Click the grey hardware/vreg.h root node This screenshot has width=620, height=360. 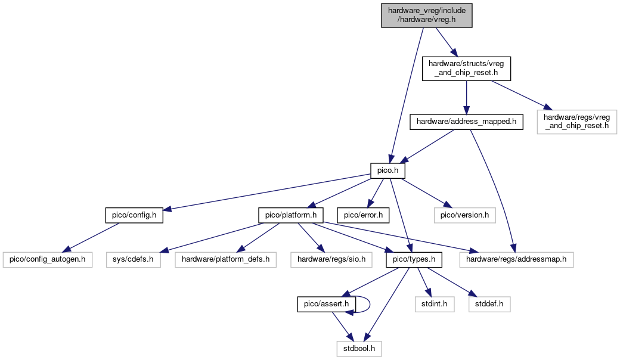(x=427, y=15)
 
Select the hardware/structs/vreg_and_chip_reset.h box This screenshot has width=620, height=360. (x=466, y=69)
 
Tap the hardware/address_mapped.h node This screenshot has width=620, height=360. (x=466, y=122)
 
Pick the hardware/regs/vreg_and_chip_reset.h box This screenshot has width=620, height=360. (x=576, y=122)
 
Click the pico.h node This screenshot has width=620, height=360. (x=387, y=170)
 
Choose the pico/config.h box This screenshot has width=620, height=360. (x=134, y=215)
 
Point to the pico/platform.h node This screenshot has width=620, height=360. (x=291, y=215)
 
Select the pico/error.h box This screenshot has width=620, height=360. (x=363, y=215)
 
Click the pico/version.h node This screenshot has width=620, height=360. (x=464, y=215)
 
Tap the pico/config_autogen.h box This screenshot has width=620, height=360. (x=48, y=260)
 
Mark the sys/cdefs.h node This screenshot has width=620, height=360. (x=134, y=260)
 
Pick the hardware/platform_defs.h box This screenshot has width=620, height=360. (x=225, y=260)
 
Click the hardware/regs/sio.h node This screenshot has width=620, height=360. (x=331, y=260)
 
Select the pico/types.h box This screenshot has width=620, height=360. (x=414, y=260)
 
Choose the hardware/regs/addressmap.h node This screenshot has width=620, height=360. (x=516, y=260)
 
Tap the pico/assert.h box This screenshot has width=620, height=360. (x=326, y=305)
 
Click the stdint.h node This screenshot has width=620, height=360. (x=434, y=305)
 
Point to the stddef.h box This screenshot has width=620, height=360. (x=489, y=305)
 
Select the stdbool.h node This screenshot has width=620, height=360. (x=359, y=349)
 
